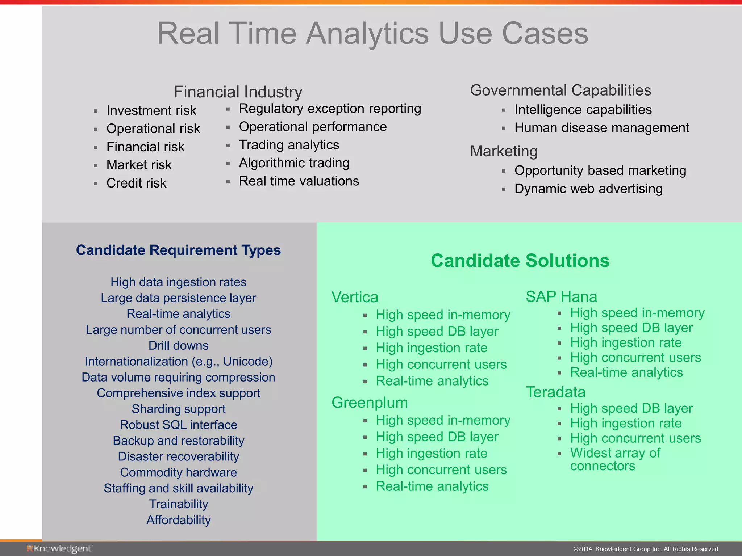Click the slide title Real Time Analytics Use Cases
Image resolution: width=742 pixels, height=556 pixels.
(x=372, y=33)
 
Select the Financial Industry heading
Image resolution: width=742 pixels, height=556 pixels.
(x=238, y=92)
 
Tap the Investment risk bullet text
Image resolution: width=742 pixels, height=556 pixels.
(x=151, y=110)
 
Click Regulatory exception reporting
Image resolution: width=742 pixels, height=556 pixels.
(x=330, y=109)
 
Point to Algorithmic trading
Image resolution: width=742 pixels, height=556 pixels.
(x=294, y=163)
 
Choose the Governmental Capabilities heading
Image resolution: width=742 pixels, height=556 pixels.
(x=560, y=90)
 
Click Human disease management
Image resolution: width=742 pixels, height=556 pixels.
(x=601, y=128)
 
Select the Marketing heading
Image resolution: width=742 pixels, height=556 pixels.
(x=504, y=151)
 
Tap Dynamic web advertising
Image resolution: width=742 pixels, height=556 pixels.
(x=588, y=189)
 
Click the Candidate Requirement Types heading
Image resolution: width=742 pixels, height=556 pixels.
(x=178, y=250)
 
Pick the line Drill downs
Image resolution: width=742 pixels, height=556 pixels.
(x=178, y=345)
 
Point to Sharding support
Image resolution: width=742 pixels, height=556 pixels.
(x=178, y=409)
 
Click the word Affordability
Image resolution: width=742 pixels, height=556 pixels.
(x=178, y=520)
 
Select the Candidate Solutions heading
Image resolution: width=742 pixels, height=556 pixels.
(x=520, y=261)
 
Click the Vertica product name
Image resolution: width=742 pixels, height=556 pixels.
(x=355, y=297)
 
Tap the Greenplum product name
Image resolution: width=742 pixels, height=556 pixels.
(x=370, y=403)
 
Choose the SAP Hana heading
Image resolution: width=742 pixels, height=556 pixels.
(x=561, y=296)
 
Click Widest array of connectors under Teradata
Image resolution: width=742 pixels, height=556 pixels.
(x=615, y=459)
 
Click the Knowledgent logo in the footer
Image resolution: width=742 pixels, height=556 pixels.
(x=59, y=549)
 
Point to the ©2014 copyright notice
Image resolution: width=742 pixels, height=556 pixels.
(x=646, y=549)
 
